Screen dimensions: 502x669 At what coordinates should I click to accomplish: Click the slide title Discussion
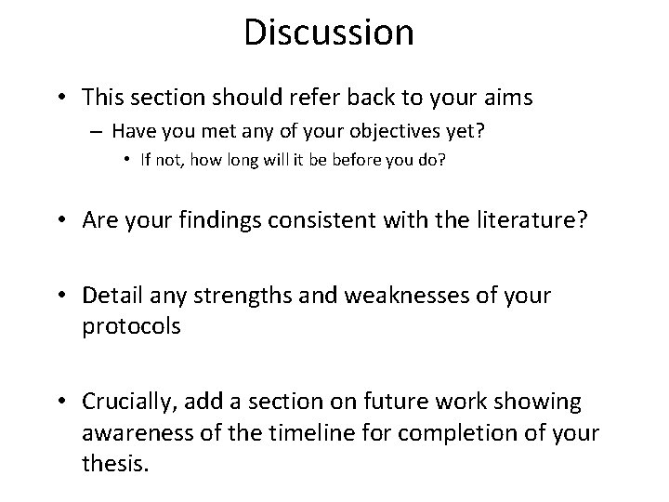coord(328,33)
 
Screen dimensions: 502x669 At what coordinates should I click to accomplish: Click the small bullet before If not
coord(127,160)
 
